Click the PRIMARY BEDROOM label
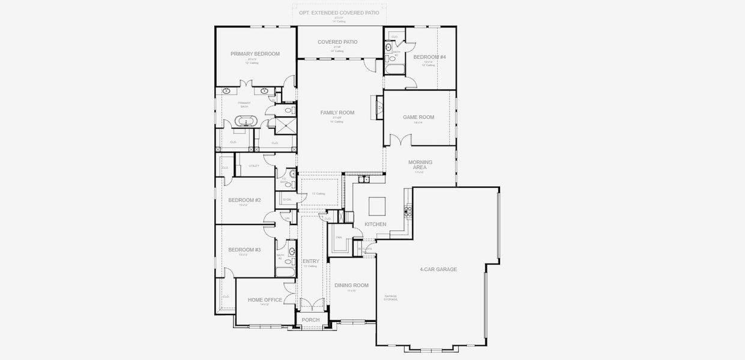pyautogui.click(x=255, y=54)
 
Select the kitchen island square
pyautogui.click(x=378, y=205)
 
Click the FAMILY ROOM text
pyautogui.click(x=337, y=113)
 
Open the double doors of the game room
pyautogui.click(x=400, y=140)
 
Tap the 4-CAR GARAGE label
pyautogui.click(x=438, y=269)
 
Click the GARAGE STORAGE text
pyautogui.click(x=391, y=298)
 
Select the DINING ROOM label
pyautogui.click(x=351, y=286)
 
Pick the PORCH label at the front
pyautogui.click(x=310, y=320)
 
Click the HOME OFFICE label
pyautogui.click(x=265, y=300)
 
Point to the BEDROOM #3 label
pyautogui.click(x=244, y=250)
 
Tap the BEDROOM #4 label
pyautogui.click(x=429, y=57)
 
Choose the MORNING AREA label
pyautogui.click(x=420, y=165)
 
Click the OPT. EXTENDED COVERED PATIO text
pyautogui.click(x=340, y=12)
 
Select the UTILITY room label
pyautogui.click(x=254, y=166)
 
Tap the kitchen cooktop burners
pyautogui.click(x=409, y=209)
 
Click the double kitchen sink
pyautogui.click(x=363, y=179)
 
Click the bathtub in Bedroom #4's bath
pyautogui.click(x=395, y=70)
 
